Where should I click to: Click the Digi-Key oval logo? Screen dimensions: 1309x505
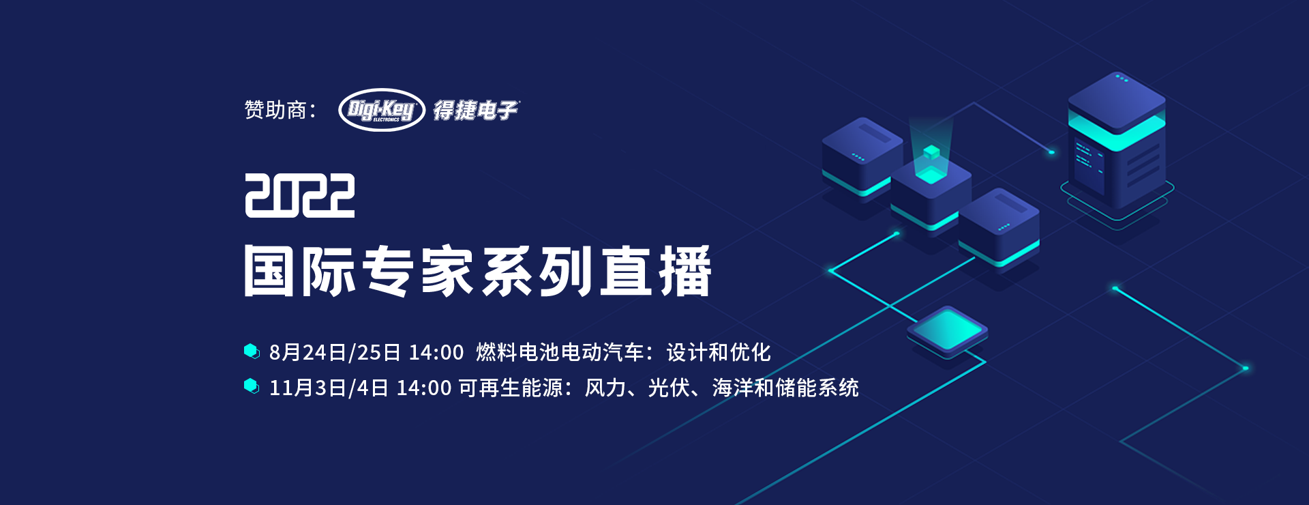tap(382, 110)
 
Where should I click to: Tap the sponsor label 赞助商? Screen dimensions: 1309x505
tap(275, 110)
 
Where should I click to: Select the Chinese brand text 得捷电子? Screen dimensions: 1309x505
tap(477, 110)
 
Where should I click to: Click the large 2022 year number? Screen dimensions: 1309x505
tap(300, 195)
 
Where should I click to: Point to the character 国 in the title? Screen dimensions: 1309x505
tap(270, 271)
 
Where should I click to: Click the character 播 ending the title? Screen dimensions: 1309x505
tap(686, 271)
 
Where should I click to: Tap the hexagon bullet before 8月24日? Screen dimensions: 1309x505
tap(252, 351)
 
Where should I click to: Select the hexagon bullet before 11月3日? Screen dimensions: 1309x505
tap(252, 386)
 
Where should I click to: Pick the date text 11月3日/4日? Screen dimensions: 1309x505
tap(329, 388)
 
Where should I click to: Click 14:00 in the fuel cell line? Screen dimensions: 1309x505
tap(436, 352)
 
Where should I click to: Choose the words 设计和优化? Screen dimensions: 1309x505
tap(719, 352)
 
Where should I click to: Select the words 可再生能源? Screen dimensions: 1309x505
tap(511, 388)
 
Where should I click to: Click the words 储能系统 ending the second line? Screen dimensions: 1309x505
tap(817, 388)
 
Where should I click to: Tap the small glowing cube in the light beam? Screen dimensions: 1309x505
tap(931, 152)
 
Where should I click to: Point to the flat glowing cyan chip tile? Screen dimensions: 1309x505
tap(947, 331)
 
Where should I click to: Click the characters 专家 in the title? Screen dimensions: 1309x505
tap(417, 271)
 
